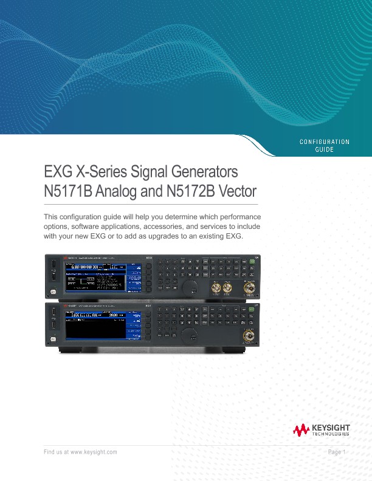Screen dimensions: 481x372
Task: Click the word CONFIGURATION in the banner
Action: [x=325, y=142]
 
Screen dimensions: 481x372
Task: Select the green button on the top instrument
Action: [x=250, y=262]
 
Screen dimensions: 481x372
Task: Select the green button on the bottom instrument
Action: [x=250, y=310]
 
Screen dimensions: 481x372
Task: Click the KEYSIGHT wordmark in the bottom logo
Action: [x=331, y=428]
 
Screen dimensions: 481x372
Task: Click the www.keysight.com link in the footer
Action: [x=94, y=452]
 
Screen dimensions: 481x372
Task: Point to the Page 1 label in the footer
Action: [x=336, y=452]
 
